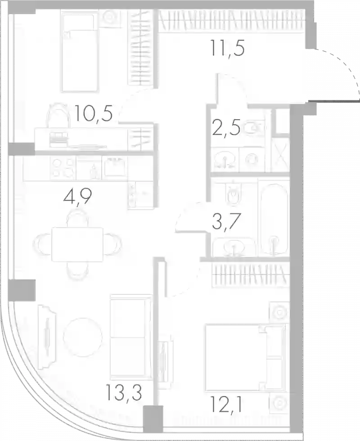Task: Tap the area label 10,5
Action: (x=94, y=113)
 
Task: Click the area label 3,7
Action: (x=226, y=221)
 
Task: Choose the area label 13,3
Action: (x=124, y=392)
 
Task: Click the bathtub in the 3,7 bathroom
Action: (x=274, y=219)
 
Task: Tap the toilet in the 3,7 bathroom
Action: (x=234, y=193)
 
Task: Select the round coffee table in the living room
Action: (x=83, y=337)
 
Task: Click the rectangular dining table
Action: (x=77, y=244)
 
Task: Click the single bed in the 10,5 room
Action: (x=80, y=54)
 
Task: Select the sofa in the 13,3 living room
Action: (x=131, y=337)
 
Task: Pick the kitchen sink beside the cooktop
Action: (x=115, y=167)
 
